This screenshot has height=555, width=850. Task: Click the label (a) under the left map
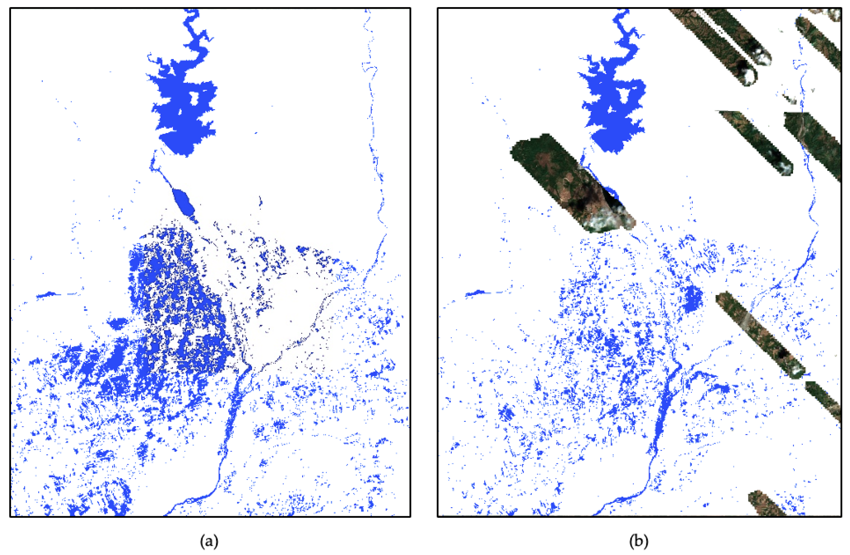pyautogui.click(x=209, y=541)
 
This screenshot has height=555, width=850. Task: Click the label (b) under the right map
pyautogui.click(x=638, y=541)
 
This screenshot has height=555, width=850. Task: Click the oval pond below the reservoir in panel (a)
pyautogui.click(x=183, y=201)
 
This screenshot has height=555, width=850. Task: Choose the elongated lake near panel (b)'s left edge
pyautogui.click(x=479, y=293)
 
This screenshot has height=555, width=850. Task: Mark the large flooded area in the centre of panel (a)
pyautogui.click(x=179, y=304)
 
